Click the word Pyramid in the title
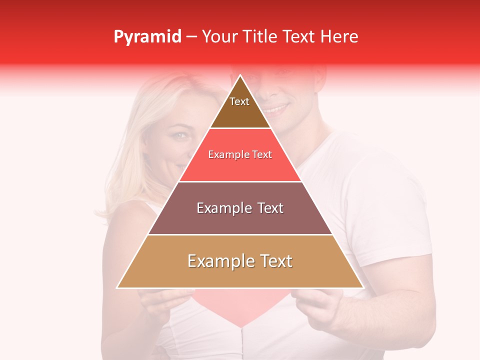(147, 37)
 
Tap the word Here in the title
(340, 36)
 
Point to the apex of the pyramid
(240, 76)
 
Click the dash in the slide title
(191, 37)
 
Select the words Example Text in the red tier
(240, 154)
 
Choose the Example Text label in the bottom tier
(240, 261)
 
